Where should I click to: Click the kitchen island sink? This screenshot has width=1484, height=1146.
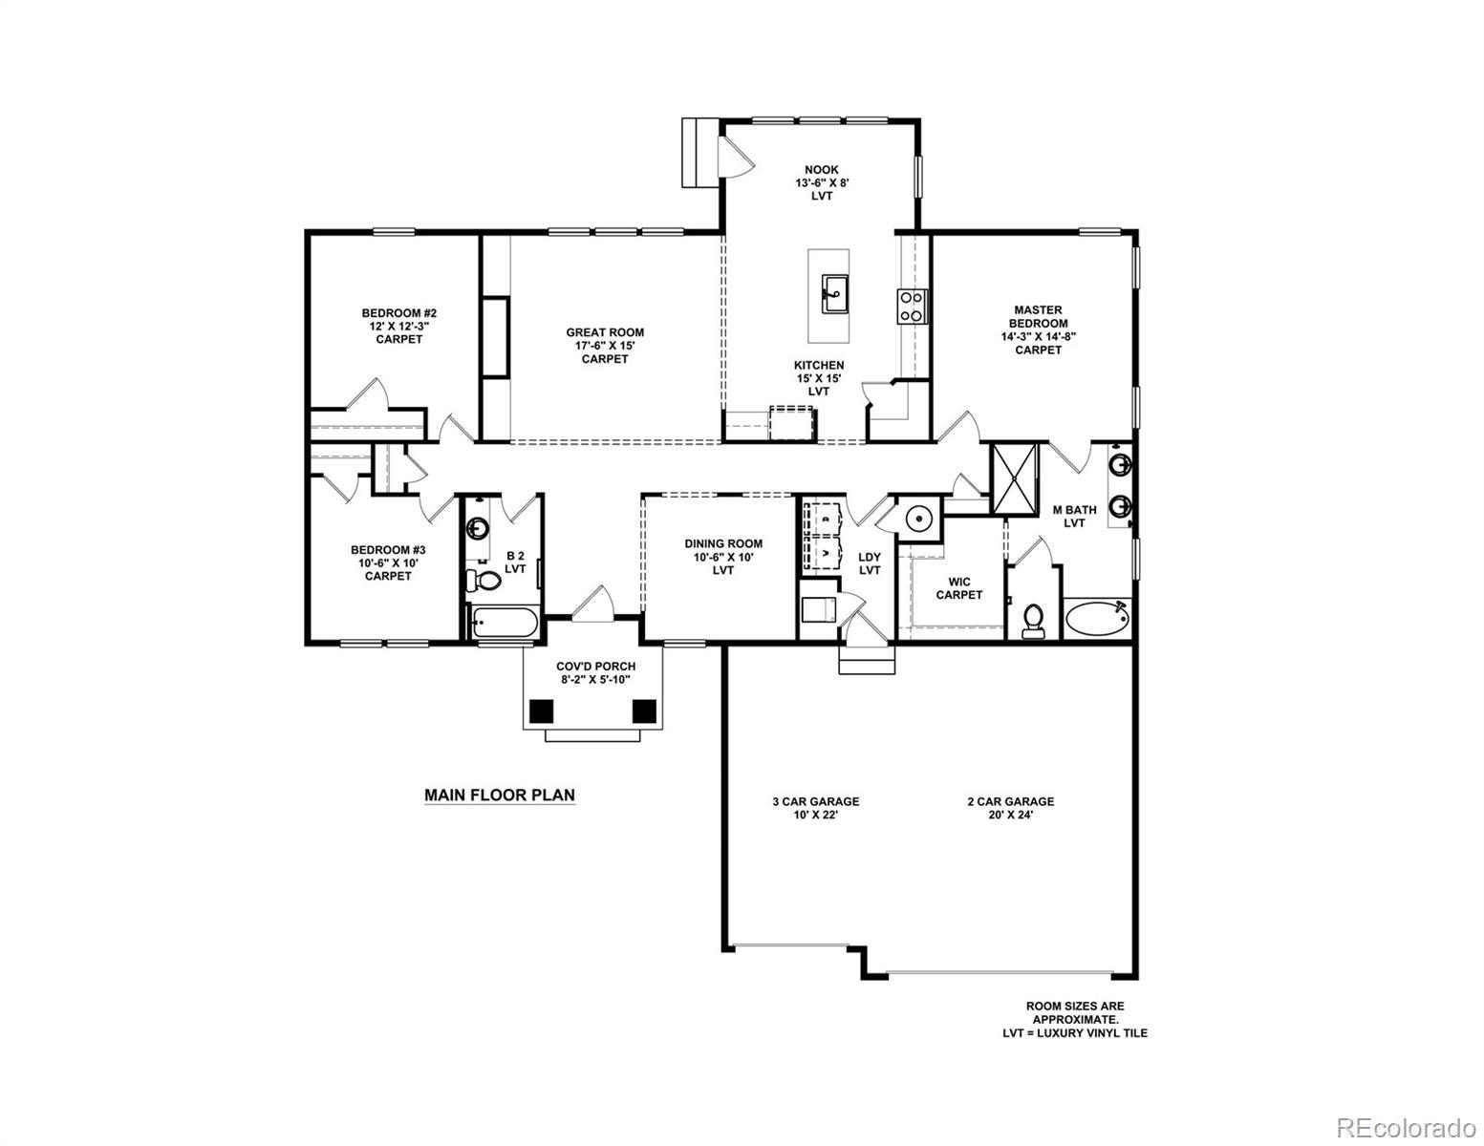pyautogui.click(x=834, y=293)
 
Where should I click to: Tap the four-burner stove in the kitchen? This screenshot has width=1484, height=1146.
pyautogui.click(x=911, y=307)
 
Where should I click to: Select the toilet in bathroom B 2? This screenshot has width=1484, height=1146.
pyautogui.click(x=483, y=581)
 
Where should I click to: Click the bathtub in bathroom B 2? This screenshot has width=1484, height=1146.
pyautogui.click(x=504, y=622)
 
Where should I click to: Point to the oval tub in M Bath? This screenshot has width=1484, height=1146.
pyautogui.click(x=1097, y=619)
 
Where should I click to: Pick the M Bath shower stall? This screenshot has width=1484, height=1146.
pyautogui.click(x=1014, y=477)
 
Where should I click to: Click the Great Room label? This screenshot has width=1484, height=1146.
pyautogui.click(x=604, y=346)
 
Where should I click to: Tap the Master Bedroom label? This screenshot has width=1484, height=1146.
pyautogui.click(x=1038, y=329)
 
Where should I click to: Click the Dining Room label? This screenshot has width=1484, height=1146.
pyautogui.click(x=723, y=557)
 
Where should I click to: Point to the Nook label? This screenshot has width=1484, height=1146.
pyautogui.click(x=822, y=183)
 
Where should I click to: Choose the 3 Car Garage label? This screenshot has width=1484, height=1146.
pyautogui.click(x=815, y=808)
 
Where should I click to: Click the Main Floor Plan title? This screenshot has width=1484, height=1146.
pyautogui.click(x=499, y=796)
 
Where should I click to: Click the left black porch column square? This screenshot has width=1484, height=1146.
pyautogui.click(x=541, y=711)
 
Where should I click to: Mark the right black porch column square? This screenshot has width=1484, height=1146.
pyautogui.click(x=644, y=711)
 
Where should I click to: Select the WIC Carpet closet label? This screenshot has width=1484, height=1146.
pyautogui.click(x=958, y=588)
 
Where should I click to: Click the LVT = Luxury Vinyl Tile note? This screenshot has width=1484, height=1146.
pyautogui.click(x=1074, y=1032)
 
